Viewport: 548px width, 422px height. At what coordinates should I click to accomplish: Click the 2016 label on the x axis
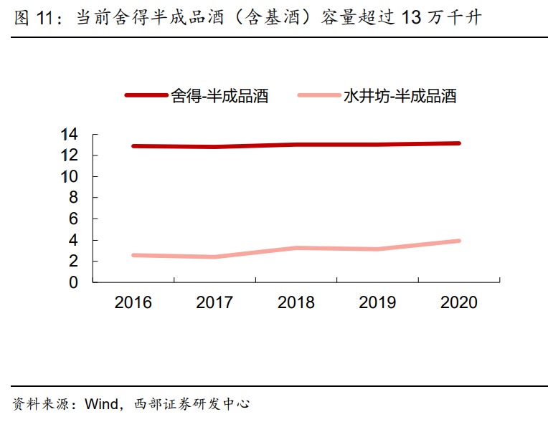[133, 302]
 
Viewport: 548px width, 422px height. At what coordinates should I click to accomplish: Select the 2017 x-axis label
[214, 302]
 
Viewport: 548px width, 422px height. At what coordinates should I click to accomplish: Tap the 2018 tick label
[296, 302]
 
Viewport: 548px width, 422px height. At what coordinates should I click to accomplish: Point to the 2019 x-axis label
[377, 302]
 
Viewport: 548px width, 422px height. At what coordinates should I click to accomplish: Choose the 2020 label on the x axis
[459, 302]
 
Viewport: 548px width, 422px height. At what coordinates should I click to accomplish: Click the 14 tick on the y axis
[70, 134]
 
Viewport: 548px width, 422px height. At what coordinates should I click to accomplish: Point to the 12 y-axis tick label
[70, 155]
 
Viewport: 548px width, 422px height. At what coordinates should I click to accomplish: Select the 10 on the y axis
[70, 176]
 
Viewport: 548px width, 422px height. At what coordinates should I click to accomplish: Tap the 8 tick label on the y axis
[73, 198]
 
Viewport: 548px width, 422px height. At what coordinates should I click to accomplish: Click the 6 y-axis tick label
[73, 219]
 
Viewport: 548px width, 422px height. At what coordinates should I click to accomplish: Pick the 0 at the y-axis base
[73, 282]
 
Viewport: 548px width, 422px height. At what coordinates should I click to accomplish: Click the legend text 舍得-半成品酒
[219, 96]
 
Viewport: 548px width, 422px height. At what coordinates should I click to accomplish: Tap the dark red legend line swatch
[146, 95]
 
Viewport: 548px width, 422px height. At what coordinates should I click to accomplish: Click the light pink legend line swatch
[318, 95]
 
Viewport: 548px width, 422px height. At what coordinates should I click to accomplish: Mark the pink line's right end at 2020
[459, 241]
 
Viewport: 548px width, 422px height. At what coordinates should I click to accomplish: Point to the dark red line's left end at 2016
[133, 146]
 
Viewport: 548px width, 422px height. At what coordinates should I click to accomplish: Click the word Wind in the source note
[100, 404]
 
